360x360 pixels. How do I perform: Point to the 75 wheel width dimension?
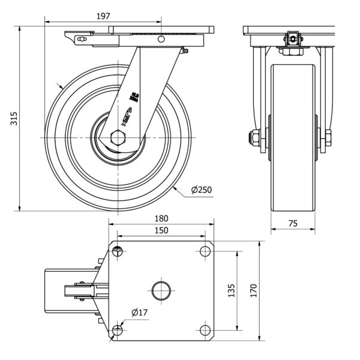[x=293, y=223]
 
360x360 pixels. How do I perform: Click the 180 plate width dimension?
[x=161, y=218]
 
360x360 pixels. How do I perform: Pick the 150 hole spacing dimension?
[x=161, y=230]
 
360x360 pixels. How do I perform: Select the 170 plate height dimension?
[x=254, y=290]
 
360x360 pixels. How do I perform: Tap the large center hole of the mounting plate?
[x=161, y=290]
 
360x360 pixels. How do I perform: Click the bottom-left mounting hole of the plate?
[x=118, y=330]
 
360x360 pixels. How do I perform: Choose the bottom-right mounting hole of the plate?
[x=205, y=330]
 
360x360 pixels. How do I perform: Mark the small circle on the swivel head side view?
[x=161, y=39]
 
